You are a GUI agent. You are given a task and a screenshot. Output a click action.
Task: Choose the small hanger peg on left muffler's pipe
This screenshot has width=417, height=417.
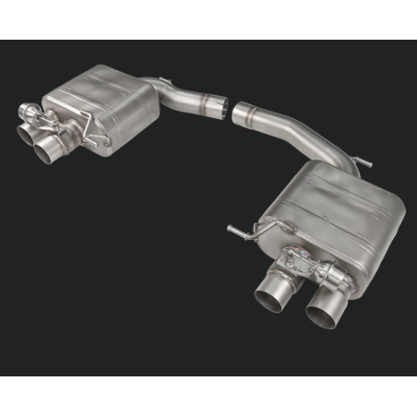click(162, 80)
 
